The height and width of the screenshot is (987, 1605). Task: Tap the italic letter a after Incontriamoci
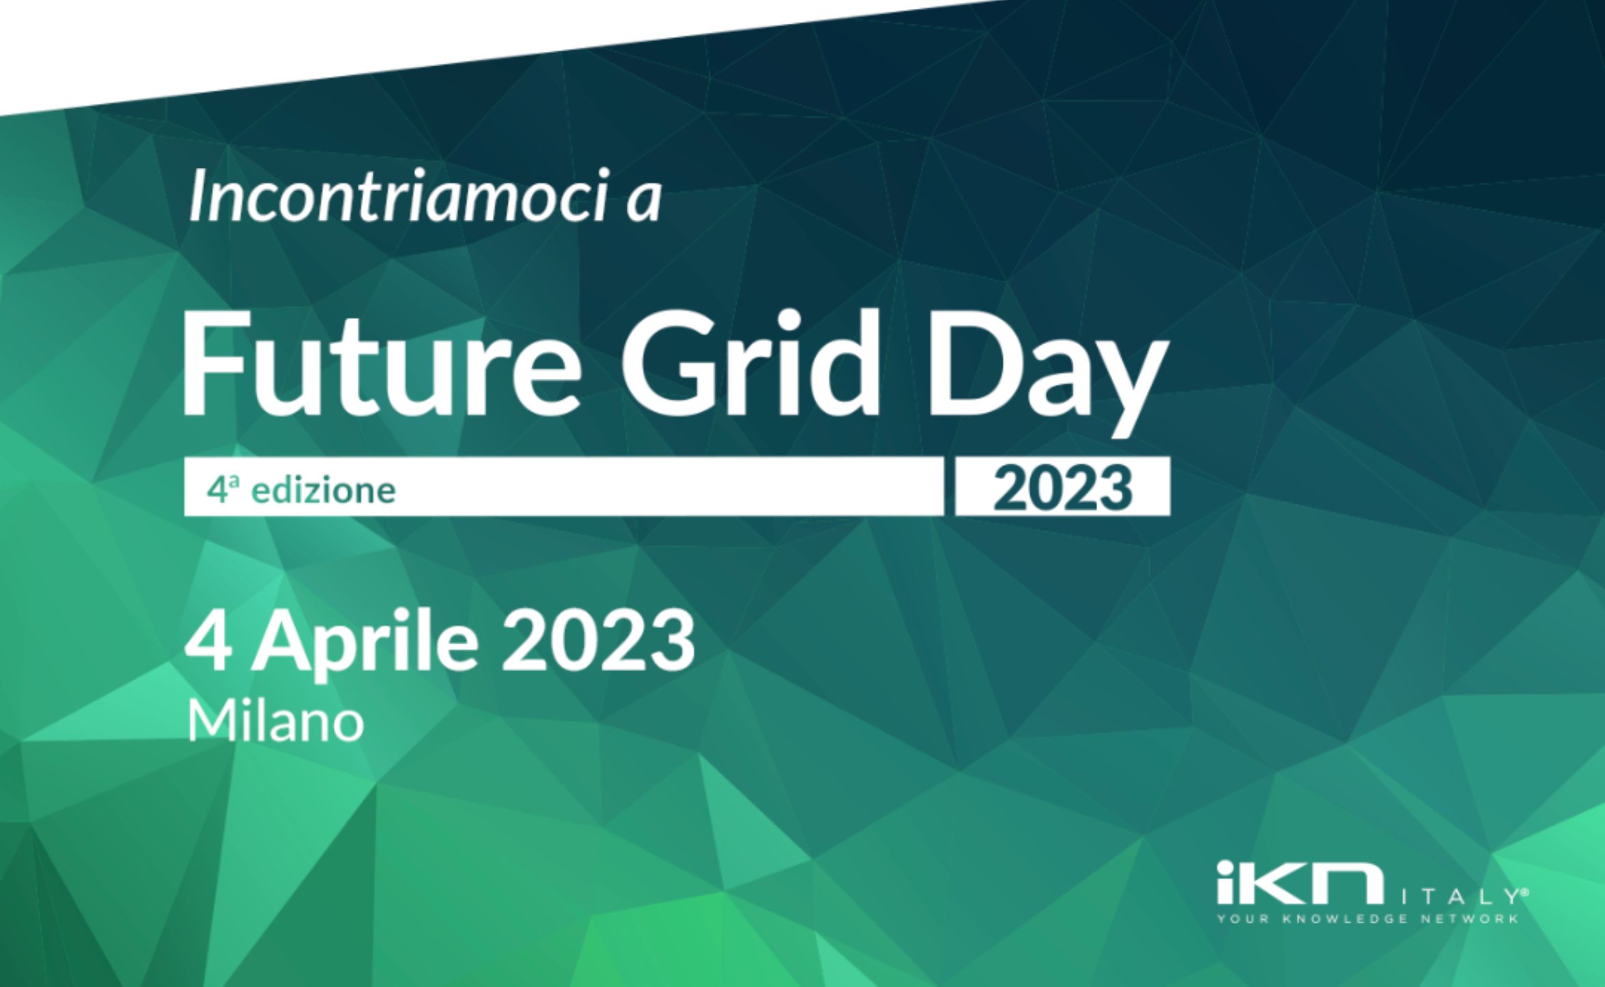644,203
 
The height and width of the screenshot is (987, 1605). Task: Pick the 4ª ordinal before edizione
223,489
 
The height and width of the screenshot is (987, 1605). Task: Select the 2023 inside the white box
1062,489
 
